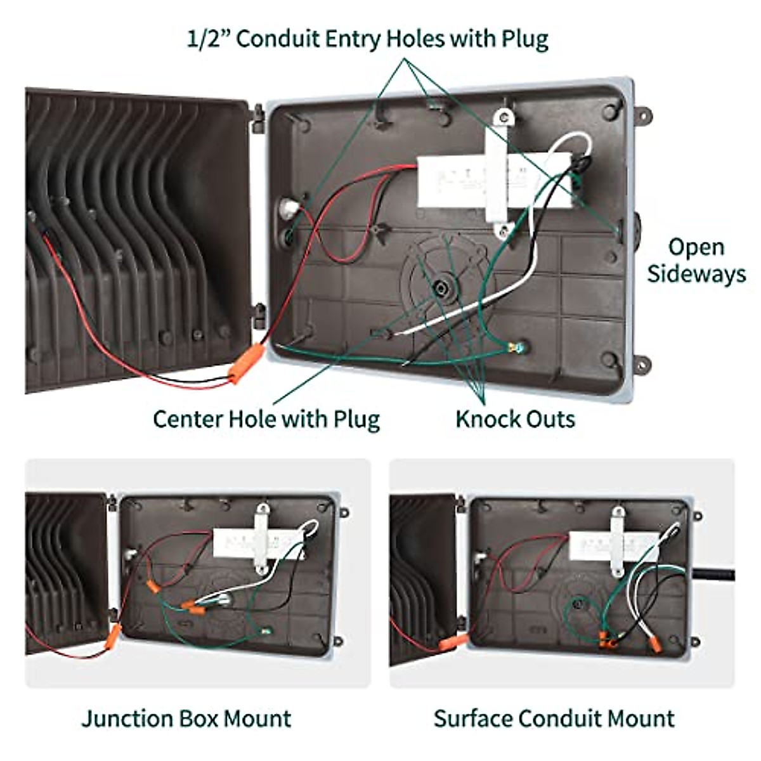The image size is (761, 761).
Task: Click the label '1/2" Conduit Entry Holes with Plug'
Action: tap(367, 39)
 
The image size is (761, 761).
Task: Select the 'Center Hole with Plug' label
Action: tap(266, 419)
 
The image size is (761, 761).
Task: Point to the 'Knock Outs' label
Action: tap(516, 419)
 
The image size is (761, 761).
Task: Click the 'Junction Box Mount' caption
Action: tap(186, 719)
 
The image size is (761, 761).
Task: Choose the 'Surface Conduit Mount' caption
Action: tap(554, 719)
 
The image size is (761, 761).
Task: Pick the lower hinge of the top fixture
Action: tap(259, 316)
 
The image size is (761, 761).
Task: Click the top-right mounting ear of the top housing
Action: tap(643, 115)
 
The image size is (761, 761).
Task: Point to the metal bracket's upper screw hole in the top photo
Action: tap(504, 117)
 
